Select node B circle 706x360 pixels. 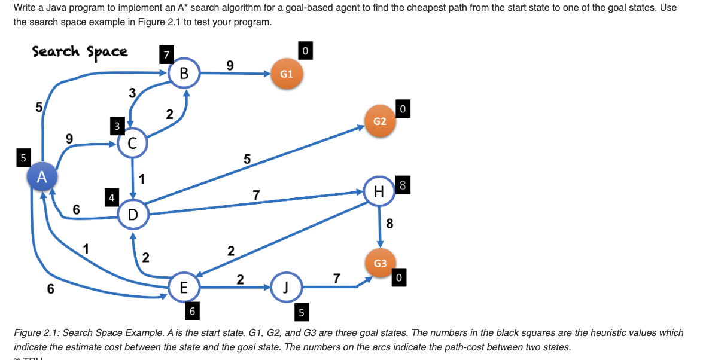[184, 74]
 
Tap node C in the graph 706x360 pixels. [132, 144]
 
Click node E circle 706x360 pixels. [184, 288]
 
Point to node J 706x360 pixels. [285, 288]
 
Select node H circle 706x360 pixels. [378, 191]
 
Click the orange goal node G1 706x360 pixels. [287, 74]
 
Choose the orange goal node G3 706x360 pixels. [380, 263]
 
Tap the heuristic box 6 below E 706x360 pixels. [191, 311]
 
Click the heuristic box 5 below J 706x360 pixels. [302, 312]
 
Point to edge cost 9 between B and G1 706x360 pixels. [230, 64]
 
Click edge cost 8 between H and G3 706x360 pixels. [389, 224]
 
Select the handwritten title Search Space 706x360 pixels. [80, 51]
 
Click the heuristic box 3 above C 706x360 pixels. [118, 126]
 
